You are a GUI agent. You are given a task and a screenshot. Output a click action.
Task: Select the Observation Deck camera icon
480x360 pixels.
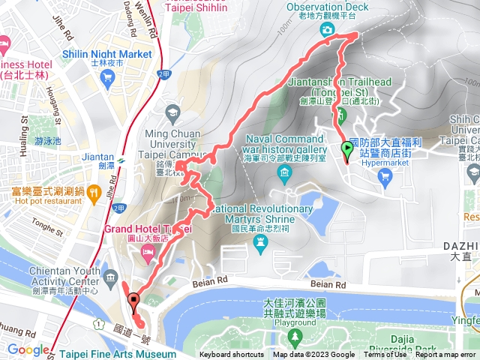[x=328, y=29]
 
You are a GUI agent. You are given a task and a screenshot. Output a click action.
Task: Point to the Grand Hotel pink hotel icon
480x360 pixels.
[x=147, y=256]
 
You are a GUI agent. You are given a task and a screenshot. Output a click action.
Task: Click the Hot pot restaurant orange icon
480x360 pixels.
[x=94, y=192]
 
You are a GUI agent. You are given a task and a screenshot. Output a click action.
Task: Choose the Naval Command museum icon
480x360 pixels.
[x=284, y=175]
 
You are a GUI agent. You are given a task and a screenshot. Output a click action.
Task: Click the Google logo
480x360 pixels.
[x=28, y=349]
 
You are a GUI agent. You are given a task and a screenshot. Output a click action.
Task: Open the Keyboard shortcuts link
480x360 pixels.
[x=232, y=355]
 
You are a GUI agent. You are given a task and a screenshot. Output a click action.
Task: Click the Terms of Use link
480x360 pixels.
[x=385, y=355]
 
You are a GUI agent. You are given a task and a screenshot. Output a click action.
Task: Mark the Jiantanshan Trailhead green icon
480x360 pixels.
[x=340, y=115]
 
